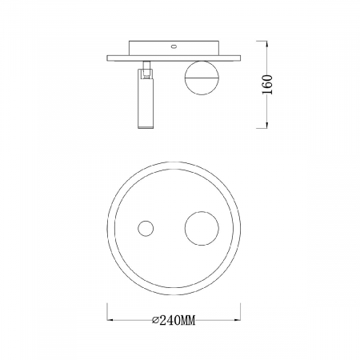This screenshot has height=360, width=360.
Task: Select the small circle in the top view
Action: point(145,230)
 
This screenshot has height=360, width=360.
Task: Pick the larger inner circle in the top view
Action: point(200,228)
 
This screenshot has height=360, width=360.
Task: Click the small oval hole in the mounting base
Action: point(174,47)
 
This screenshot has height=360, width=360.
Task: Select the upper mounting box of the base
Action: point(174,49)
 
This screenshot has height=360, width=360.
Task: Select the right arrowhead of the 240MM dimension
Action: point(239,321)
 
